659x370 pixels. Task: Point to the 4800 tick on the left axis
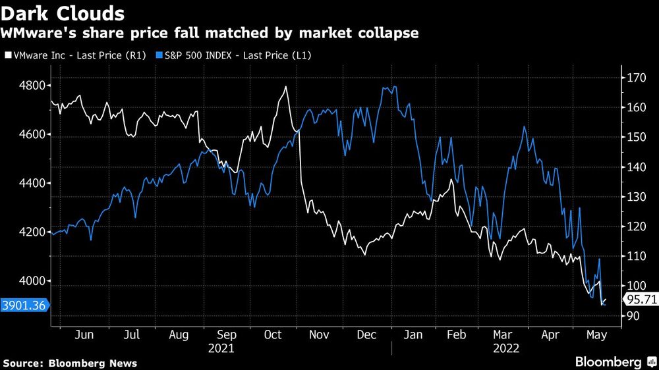pos(31,86)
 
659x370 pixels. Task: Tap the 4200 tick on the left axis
pos(31,232)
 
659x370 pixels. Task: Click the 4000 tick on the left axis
pos(31,281)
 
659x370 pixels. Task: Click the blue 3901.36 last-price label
pos(24,305)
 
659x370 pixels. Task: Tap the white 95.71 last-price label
pos(640,300)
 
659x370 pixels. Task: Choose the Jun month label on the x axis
pos(84,334)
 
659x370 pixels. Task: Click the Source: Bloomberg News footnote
pos(70,363)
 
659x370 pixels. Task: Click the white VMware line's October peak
pos(286,86)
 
